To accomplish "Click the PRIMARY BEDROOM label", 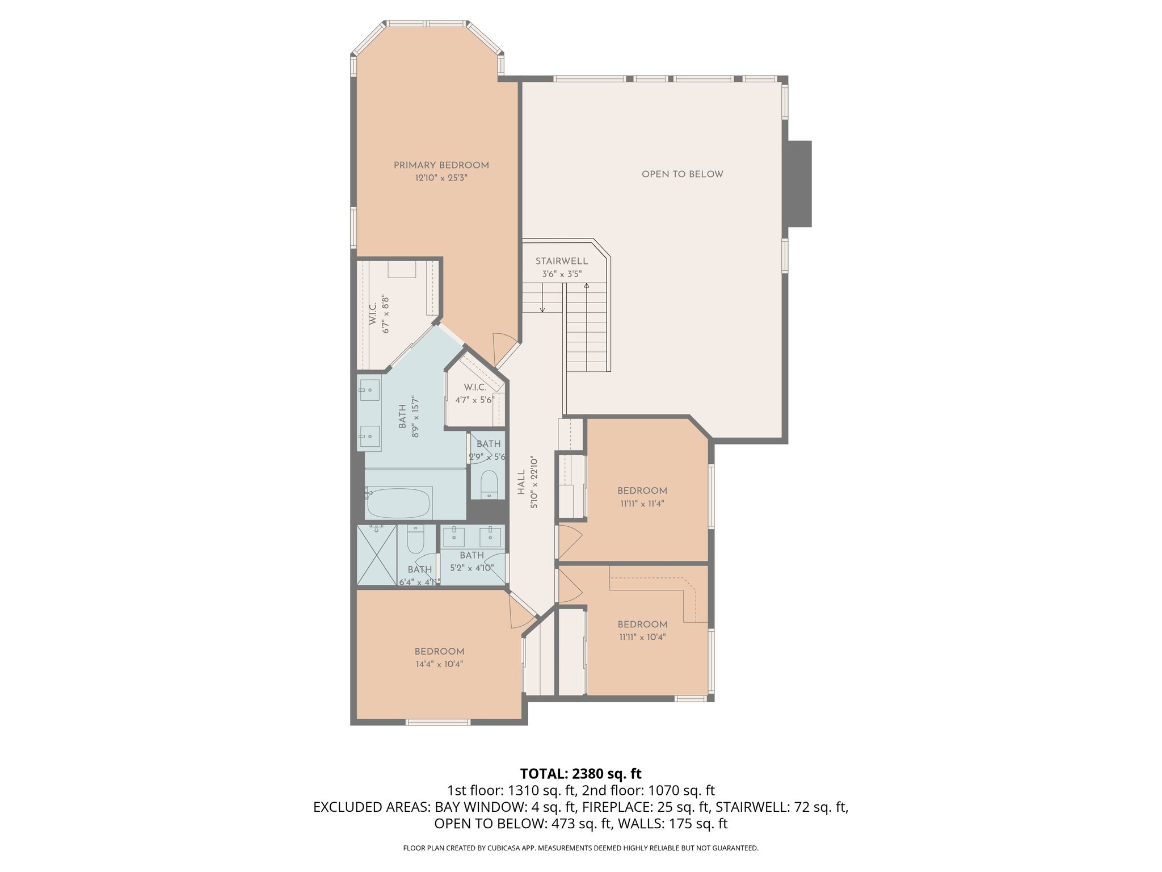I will click(441, 165).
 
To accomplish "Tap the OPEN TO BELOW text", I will click(682, 174).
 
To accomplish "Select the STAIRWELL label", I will click(561, 261).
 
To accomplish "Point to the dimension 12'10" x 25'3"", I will click(441, 178).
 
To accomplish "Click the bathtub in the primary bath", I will click(398, 503).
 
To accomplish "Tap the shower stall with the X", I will click(376, 555).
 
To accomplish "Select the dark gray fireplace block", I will click(799, 183).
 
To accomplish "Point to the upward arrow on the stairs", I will click(587, 286).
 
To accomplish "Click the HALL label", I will click(521, 482).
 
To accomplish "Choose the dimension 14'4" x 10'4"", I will click(439, 664).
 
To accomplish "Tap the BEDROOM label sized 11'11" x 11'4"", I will click(642, 491).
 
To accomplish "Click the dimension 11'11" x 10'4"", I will click(642, 637).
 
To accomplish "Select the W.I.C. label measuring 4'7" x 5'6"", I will click(474, 387).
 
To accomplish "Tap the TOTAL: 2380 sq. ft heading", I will click(580, 773).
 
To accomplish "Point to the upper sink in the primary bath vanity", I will click(369, 389).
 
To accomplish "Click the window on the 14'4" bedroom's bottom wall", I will click(437, 722).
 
